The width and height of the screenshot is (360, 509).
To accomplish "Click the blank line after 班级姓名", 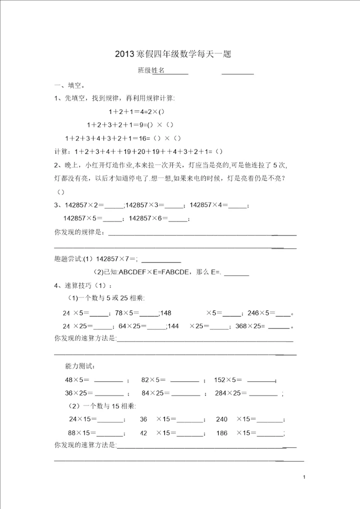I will [176, 72].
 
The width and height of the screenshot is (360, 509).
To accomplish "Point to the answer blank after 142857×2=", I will [113, 205].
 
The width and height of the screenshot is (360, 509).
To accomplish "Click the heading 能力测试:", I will [79, 366].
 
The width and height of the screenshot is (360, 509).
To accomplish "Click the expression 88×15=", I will [82, 433].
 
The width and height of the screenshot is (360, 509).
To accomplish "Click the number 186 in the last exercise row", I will [222, 433].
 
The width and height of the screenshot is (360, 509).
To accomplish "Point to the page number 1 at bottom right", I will [304, 478].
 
